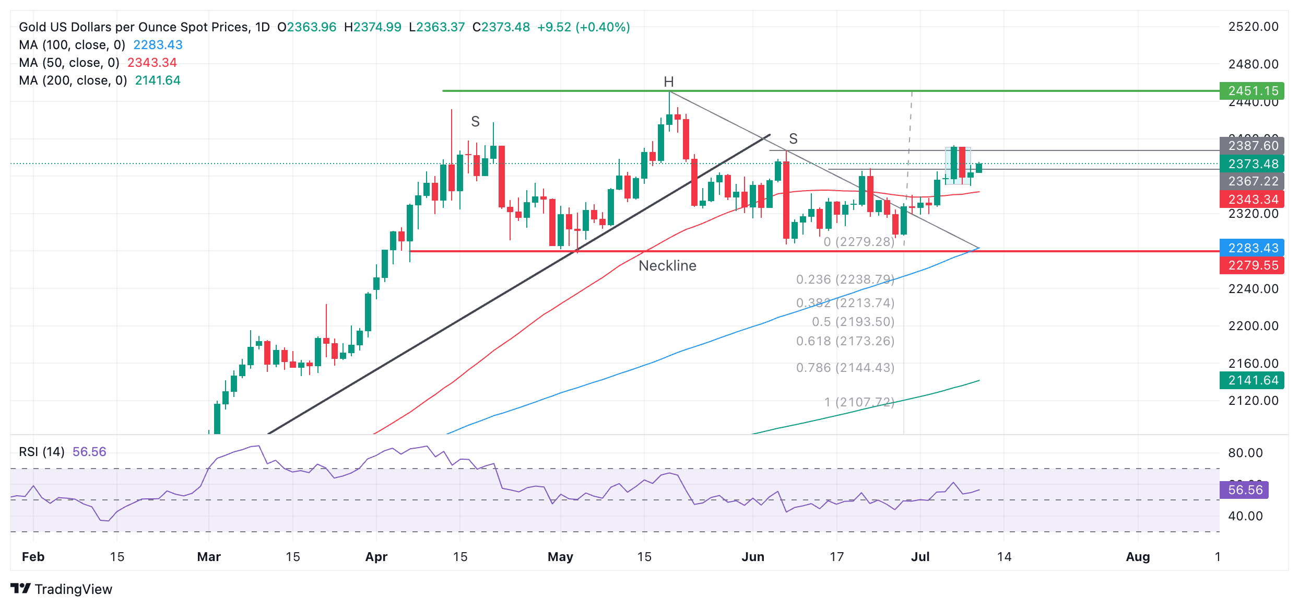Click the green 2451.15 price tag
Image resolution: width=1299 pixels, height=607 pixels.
(x=1253, y=91)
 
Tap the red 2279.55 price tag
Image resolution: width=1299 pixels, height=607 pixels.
(x=1253, y=265)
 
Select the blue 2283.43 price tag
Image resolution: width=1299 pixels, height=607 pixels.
(x=1253, y=248)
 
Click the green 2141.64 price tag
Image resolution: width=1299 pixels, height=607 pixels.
(x=1253, y=380)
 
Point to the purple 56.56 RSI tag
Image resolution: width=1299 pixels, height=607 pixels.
(x=1245, y=490)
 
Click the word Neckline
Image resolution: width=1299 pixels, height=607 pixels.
(x=667, y=266)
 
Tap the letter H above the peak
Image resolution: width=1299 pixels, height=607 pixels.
(x=668, y=82)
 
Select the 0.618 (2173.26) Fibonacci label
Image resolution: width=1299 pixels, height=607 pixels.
(x=845, y=341)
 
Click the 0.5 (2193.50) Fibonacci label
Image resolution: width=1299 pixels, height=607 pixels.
(x=853, y=322)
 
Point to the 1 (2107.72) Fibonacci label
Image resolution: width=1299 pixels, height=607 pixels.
(x=859, y=402)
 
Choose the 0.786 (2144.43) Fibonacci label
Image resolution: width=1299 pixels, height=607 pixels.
(x=845, y=368)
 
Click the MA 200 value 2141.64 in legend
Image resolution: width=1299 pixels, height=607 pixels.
(x=158, y=80)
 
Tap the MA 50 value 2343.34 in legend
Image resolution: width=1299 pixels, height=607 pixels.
(x=152, y=63)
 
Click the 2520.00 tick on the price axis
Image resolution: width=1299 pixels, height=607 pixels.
(x=1253, y=27)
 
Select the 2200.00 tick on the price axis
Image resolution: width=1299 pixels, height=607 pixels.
(x=1253, y=326)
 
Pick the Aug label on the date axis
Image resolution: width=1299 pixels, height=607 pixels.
(x=1138, y=557)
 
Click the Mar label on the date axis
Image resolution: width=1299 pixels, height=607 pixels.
(x=209, y=557)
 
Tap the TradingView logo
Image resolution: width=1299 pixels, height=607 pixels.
(x=62, y=589)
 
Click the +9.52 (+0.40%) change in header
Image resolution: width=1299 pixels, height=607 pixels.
(x=583, y=27)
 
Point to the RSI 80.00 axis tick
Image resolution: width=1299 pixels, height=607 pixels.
(x=1245, y=453)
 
